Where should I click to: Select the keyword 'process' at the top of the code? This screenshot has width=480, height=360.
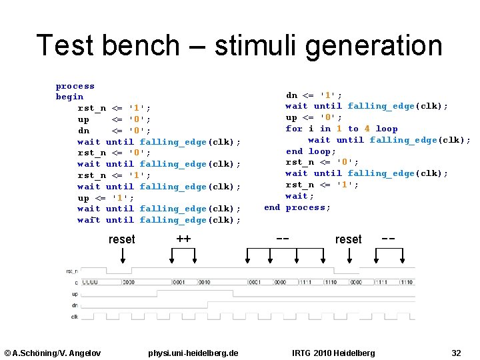coord(75,86)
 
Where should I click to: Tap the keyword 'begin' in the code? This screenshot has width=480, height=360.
coord(69,97)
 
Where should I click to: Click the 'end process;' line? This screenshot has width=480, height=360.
coord(297,207)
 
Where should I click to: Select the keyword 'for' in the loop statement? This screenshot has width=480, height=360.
coord(294,129)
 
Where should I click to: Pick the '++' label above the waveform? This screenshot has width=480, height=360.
coord(183,239)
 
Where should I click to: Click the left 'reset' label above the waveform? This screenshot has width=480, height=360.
coord(121,239)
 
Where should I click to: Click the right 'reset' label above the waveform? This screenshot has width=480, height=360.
coord(348,239)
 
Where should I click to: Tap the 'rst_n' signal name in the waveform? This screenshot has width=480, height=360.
coord(72,271)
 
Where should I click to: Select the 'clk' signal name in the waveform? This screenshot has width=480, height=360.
coord(75,316)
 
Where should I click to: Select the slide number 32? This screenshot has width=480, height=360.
coord(456,353)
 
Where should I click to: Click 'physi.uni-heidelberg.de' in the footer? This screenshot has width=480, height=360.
coord(193,353)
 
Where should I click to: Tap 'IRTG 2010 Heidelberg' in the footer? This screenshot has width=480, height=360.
coord(333,353)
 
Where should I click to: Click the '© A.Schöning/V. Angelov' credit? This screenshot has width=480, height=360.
coord(53,353)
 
